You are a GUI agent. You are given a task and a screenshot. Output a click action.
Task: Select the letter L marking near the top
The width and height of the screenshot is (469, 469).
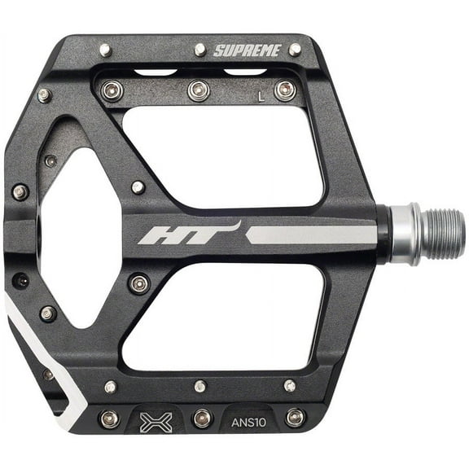tap(261, 95)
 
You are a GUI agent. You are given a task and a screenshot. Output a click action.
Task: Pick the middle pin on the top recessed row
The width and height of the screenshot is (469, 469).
tap(198, 90)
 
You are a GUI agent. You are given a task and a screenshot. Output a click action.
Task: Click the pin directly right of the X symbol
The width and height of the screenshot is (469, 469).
tap(201, 419)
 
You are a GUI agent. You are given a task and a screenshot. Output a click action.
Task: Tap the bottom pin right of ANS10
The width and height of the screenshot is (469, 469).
tap(295, 418)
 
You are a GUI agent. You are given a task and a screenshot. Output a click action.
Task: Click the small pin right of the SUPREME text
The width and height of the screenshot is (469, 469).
tap(294, 50)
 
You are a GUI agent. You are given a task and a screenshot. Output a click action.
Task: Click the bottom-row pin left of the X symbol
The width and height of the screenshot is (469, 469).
tap(108, 419)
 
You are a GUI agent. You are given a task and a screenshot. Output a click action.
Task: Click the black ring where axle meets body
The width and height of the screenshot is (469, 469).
tap(382, 234)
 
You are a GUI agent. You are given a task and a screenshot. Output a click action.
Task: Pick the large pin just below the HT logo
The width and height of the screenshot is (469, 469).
tap(139, 283)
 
